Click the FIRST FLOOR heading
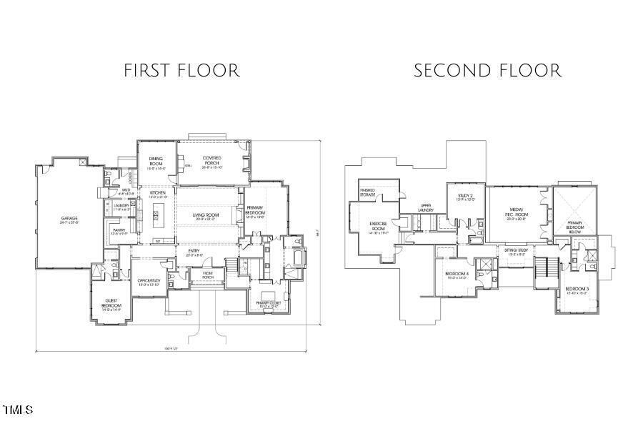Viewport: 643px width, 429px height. [x=181, y=71]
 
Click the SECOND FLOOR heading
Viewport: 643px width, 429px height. [x=487, y=71]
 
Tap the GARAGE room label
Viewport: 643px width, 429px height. [x=69, y=220]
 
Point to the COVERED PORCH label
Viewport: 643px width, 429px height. [x=212, y=162]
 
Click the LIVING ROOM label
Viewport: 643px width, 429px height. [x=206, y=216]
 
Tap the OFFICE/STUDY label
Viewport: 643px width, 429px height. [x=149, y=282]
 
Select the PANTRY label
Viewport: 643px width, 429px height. [x=119, y=231]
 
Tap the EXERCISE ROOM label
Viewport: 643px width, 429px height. [x=377, y=226]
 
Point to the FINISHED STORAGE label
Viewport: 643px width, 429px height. [x=368, y=192]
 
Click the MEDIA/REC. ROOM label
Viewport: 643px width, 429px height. [x=516, y=212]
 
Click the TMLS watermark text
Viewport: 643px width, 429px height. [x=18, y=410]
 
